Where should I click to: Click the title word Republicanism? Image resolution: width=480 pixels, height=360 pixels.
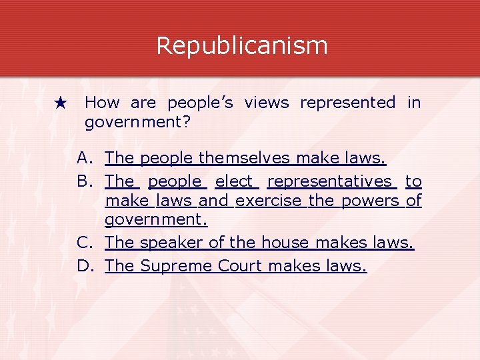(241, 46)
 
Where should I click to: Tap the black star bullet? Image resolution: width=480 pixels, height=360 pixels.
(61, 103)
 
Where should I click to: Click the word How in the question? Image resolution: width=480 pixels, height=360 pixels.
(103, 103)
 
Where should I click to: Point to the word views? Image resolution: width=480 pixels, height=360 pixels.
(267, 103)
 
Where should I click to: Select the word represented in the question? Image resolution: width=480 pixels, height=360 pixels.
(347, 103)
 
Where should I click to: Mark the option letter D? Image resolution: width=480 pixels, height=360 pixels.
(84, 266)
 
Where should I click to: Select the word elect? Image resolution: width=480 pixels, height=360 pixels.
(235, 181)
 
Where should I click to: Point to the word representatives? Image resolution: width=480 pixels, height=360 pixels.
(330, 181)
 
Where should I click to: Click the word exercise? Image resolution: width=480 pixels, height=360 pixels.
(269, 201)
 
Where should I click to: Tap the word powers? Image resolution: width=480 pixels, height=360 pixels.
(370, 201)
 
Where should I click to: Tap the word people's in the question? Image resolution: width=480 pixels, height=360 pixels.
(200, 103)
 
